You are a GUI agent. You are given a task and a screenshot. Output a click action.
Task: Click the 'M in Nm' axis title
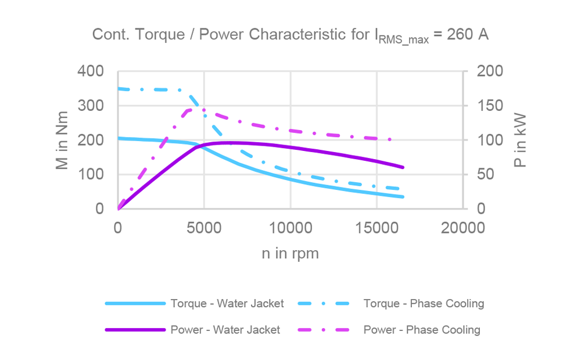[x=62, y=140]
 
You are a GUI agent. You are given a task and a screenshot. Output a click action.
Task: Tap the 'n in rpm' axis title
[x=290, y=254]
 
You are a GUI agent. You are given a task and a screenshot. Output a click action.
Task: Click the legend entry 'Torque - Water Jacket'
[x=227, y=304]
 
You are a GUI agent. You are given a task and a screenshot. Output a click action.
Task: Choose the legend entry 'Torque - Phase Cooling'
[x=424, y=304]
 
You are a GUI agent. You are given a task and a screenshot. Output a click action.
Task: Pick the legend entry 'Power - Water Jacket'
[x=225, y=330]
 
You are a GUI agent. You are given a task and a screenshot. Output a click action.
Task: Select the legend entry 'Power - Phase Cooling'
[x=422, y=330]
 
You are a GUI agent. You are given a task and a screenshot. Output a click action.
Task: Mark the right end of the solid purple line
[x=403, y=167]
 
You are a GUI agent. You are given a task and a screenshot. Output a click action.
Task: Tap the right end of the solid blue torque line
[x=403, y=197]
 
